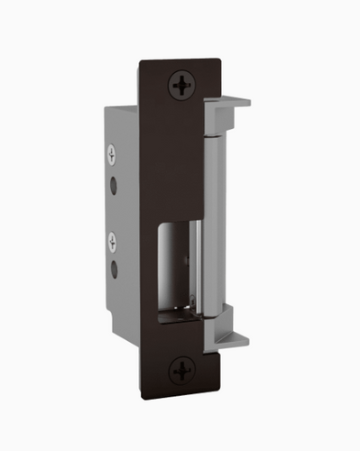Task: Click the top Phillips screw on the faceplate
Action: tap(183, 87)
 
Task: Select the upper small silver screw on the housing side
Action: tap(112, 153)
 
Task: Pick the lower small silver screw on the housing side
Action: tap(112, 241)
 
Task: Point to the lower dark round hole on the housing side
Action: tap(113, 268)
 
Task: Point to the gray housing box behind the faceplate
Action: tap(122, 216)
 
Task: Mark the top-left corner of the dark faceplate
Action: tap(141, 62)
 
